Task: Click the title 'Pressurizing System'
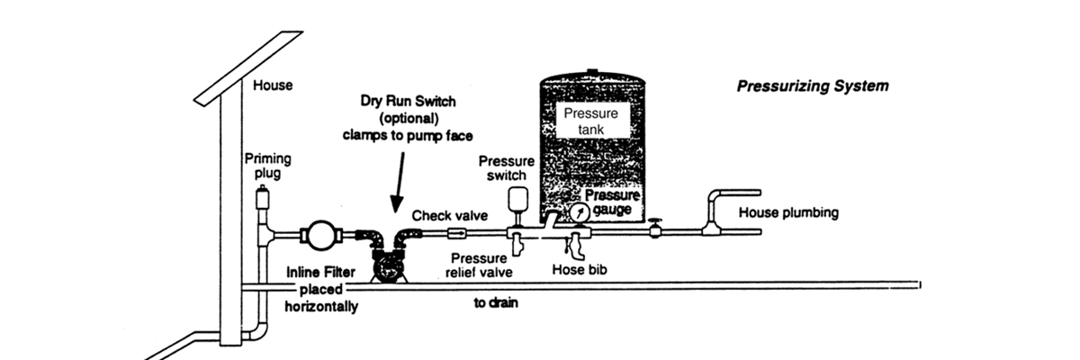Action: [813, 87]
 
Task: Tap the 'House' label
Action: [274, 86]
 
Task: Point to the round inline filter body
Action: [318, 236]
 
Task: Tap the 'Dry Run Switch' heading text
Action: [408, 102]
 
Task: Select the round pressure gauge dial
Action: [576, 214]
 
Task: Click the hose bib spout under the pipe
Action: [573, 246]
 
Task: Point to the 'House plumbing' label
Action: [788, 213]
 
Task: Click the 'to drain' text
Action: [496, 303]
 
